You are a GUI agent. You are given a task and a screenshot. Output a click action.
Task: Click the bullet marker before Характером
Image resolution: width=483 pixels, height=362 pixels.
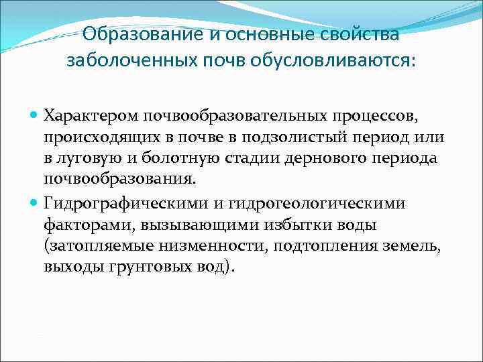34,114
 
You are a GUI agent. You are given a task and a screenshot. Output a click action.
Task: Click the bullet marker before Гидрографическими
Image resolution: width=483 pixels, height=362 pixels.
34,202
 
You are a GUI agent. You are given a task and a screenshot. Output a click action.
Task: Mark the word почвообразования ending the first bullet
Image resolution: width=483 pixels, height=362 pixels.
121,180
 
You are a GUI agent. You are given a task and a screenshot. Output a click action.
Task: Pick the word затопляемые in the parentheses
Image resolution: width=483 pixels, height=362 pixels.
95,246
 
